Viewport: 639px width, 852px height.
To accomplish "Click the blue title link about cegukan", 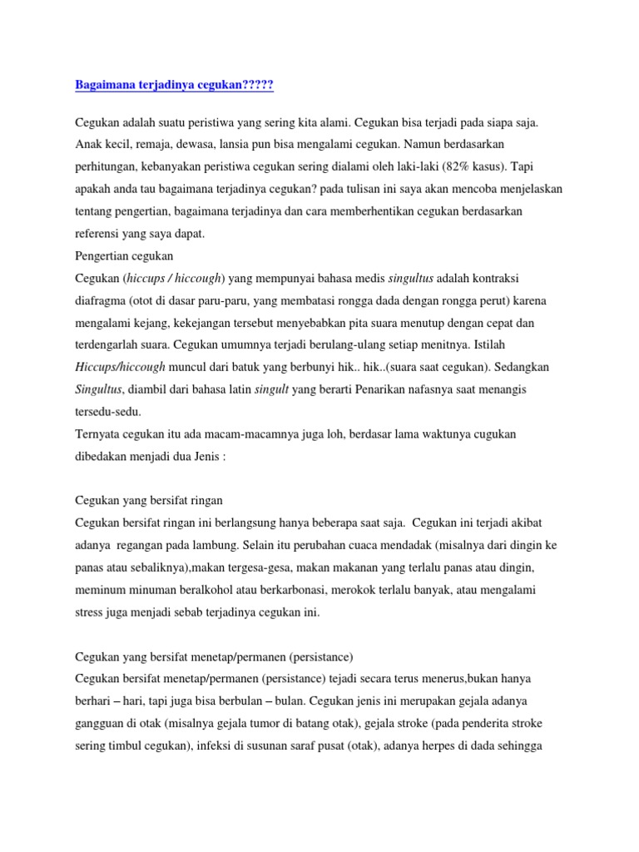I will [x=174, y=85].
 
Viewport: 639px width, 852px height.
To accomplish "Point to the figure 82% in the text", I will [x=423, y=166].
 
